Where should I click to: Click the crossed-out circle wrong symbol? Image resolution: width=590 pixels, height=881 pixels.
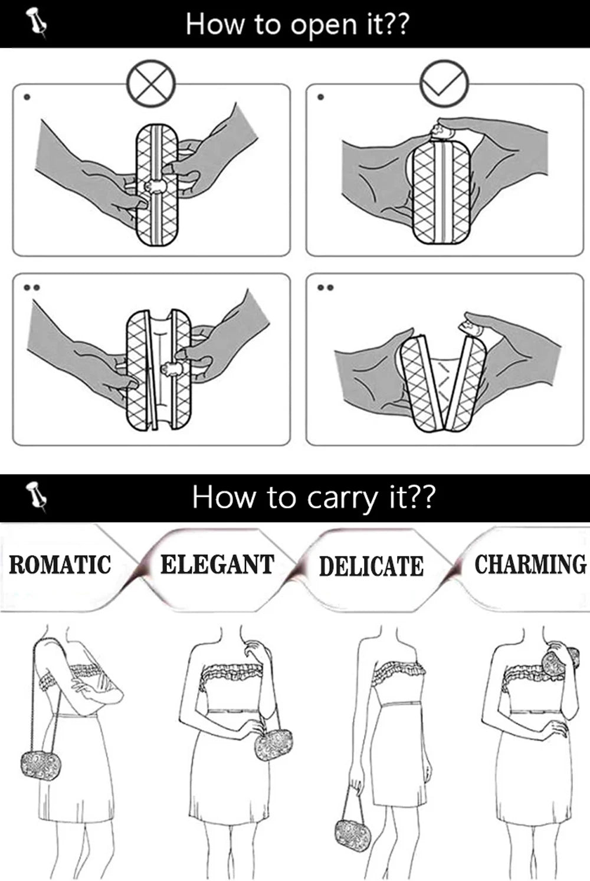[x=152, y=83]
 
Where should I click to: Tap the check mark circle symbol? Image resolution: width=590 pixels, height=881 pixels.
[x=444, y=83]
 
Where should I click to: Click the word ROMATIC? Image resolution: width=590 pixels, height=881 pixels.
[x=60, y=565]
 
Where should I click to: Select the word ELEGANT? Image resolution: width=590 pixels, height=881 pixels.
[x=217, y=565]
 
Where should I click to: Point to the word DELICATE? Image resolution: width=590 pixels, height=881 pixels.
[x=371, y=566]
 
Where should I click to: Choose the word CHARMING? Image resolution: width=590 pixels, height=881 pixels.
[x=530, y=565]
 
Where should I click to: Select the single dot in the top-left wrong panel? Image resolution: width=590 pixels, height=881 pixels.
[x=26, y=97]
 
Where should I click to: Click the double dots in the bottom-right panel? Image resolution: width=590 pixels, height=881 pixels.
[x=325, y=287]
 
